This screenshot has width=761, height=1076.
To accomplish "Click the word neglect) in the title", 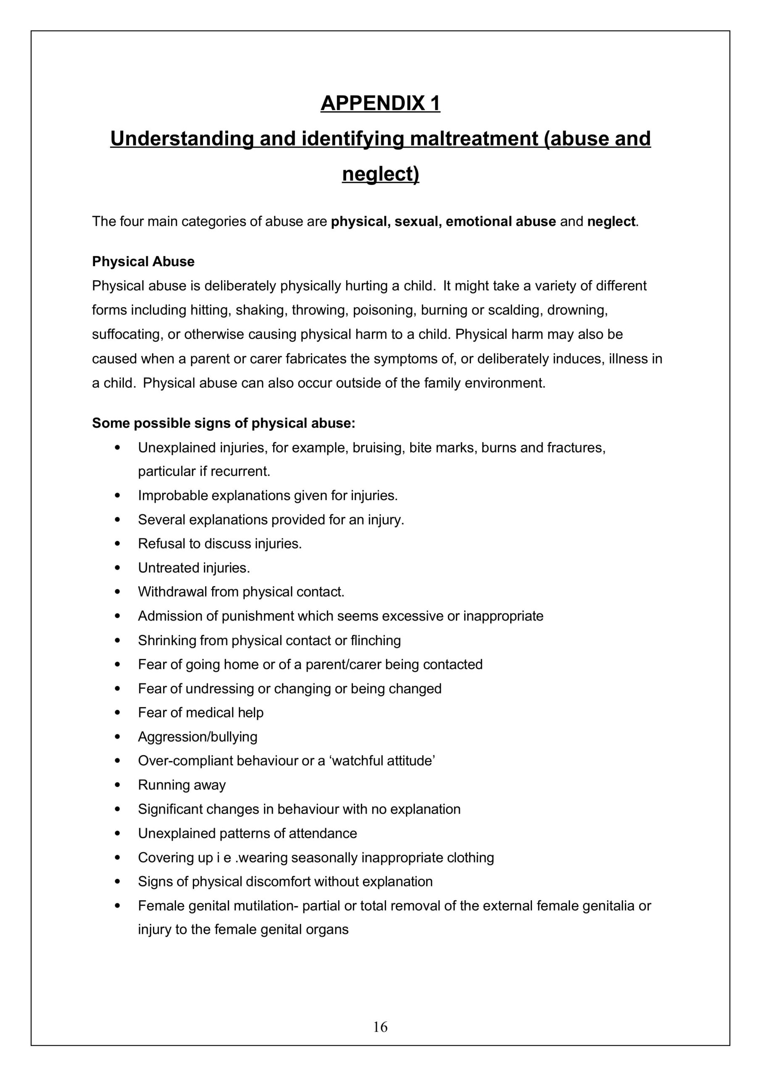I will [381, 174].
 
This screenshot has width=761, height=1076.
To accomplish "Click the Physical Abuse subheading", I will [143, 261].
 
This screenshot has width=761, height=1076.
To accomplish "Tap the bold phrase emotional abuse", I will [500, 221].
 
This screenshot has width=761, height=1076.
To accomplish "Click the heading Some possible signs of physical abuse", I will [224, 423].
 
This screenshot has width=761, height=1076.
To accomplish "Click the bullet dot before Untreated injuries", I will [117, 568].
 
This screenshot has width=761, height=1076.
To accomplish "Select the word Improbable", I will [172, 496].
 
